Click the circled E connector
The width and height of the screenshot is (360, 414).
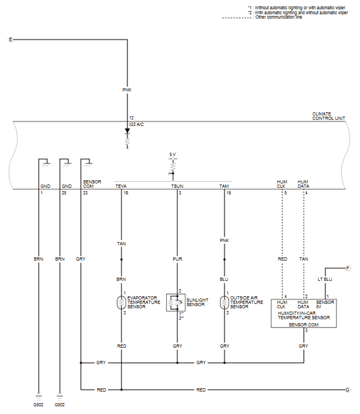coord(10,39)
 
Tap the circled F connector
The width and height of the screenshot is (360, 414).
coord(347,268)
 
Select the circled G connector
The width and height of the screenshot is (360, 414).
coord(347,390)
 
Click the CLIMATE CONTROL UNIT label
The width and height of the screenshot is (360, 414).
coord(329,116)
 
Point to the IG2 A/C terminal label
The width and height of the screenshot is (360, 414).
coord(137,124)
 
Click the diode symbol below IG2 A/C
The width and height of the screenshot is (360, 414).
coord(127,131)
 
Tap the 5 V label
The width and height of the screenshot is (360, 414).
coord(172,154)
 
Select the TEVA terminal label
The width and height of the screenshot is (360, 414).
coord(121,186)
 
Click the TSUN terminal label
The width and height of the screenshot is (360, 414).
coord(177,186)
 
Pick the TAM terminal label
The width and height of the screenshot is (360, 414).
coord(224,186)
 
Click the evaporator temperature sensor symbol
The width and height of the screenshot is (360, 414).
coord(121,303)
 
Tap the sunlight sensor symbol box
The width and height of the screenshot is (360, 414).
coord(176,303)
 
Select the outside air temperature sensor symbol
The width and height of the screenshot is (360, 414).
coord(224,303)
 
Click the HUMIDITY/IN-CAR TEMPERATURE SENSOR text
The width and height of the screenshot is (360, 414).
coord(304,315)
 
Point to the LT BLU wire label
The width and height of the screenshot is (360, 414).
coord(324,279)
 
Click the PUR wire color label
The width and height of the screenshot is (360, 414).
coord(177,259)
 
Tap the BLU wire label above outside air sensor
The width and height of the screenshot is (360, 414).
coord(224,279)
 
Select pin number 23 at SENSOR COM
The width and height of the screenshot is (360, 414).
coord(85,193)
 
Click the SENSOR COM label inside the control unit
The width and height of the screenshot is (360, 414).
coord(92,184)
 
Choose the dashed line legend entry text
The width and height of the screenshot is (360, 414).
coord(278,17)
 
